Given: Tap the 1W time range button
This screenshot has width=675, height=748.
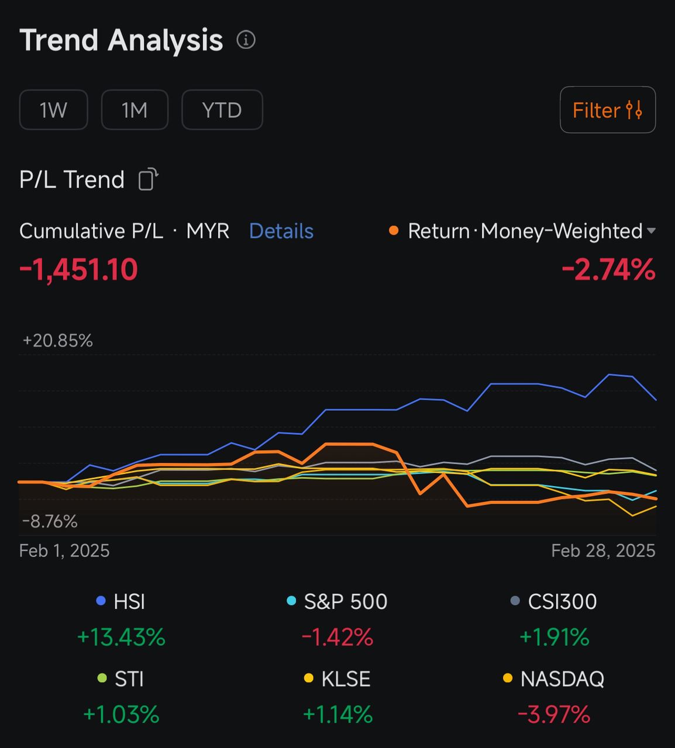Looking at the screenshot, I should tap(53, 110).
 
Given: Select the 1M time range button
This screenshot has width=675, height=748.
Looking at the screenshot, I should tap(135, 110).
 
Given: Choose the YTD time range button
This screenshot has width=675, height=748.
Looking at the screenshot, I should tap(222, 110).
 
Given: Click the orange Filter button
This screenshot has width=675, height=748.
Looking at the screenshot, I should tap(607, 110).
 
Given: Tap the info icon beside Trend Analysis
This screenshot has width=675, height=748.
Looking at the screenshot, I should tap(246, 40).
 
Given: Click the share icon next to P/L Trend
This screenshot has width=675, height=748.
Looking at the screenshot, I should tap(148, 179).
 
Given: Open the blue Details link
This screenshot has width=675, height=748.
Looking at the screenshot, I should tap(281, 231).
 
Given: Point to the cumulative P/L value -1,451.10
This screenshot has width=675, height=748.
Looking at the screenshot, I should tap(78, 270).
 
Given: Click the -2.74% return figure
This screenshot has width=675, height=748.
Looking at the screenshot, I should tap(608, 270).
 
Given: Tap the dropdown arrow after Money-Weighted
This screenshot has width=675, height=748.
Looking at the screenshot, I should tap(651, 231).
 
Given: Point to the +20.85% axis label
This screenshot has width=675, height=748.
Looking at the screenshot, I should tap(57, 341).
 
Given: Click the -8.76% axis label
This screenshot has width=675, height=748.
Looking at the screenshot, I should tap(50, 521).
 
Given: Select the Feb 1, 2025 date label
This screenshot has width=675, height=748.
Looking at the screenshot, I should tap(64, 550).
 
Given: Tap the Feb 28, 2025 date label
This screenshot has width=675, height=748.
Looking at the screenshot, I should tap(603, 550).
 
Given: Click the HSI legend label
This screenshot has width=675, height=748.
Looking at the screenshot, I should tap(129, 602).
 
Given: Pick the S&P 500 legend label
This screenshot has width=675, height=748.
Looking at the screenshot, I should tap(345, 602).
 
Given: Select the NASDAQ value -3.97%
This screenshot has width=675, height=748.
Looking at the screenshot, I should tap(553, 714).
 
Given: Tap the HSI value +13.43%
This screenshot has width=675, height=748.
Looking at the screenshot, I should tap(121, 637).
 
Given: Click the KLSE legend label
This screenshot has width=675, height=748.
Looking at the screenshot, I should tap(346, 679).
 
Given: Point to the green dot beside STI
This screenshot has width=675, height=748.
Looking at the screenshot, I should tap(102, 678).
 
